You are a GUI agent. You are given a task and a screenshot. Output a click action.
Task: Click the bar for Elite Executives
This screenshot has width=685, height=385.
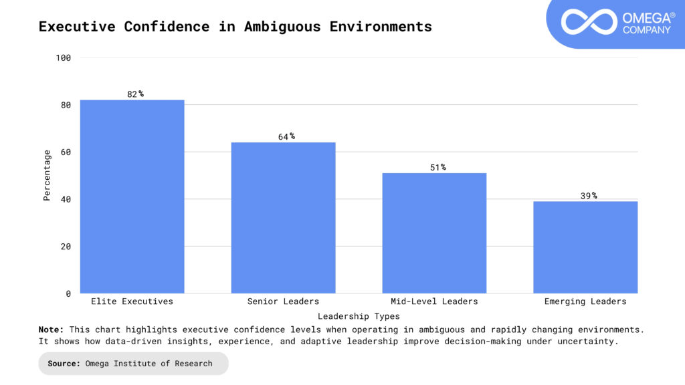point(132,197)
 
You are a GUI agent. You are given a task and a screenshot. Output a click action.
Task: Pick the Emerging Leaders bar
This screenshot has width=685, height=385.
point(585,247)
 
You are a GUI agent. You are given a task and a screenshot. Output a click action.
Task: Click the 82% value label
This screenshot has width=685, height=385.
point(135,94)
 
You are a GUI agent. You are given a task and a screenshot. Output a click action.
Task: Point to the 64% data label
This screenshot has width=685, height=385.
point(286,136)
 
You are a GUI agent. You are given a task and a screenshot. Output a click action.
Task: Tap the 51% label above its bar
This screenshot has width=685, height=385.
point(437,167)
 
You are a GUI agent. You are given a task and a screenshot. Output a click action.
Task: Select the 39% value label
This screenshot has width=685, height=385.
point(589,196)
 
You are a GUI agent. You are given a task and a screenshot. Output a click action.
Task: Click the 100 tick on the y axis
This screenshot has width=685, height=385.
point(64,58)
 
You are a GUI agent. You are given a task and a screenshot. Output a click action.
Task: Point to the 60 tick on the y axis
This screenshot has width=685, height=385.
point(66,152)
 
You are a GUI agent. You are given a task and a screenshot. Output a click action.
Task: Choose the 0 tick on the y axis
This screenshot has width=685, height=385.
point(68,293)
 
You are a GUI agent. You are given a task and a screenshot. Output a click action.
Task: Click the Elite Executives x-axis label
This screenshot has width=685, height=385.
point(132,301)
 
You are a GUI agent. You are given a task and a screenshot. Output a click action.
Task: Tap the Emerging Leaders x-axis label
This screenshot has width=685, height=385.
point(585,301)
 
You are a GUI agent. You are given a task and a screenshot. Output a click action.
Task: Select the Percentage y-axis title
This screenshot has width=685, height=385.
point(47,175)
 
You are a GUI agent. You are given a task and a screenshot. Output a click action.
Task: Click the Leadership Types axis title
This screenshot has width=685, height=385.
point(359,316)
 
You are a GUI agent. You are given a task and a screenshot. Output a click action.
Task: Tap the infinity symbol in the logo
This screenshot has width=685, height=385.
point(588,21)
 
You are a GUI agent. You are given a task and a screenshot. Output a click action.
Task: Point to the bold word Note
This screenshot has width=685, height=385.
point(51,330)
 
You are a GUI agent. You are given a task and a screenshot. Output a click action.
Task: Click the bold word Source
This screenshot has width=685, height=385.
point(64,364)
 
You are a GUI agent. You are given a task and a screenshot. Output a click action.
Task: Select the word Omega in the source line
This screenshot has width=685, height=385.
point(100,364)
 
